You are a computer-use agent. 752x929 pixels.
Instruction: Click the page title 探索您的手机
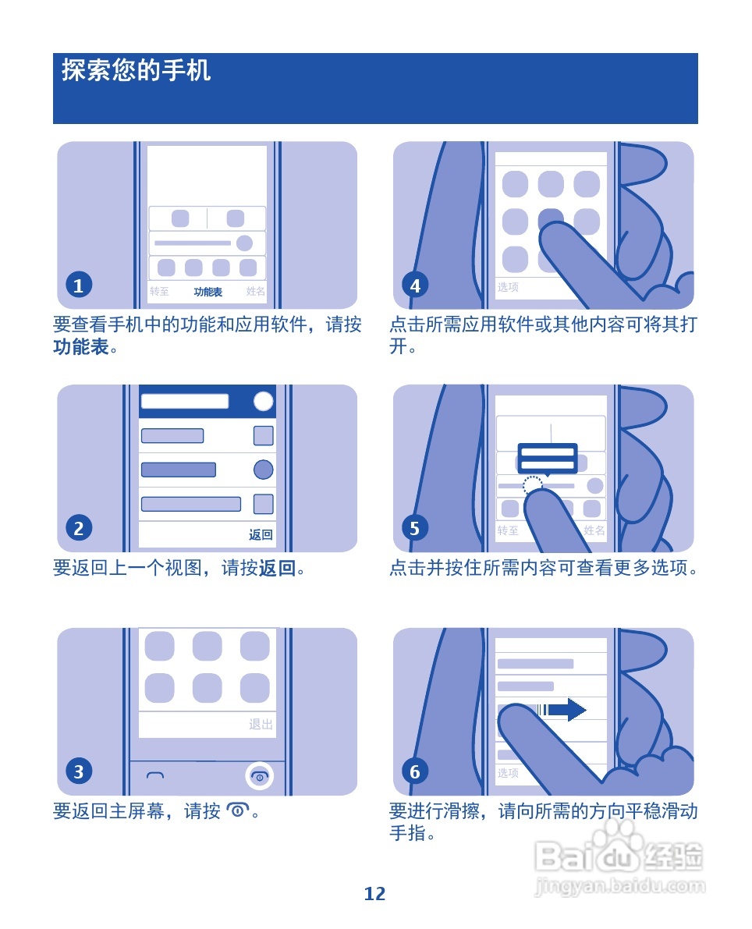[x=137, y=71]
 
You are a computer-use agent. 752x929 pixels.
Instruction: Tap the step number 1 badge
[x=78, y=285]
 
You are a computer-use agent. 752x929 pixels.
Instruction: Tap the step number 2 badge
[x=78, y=529]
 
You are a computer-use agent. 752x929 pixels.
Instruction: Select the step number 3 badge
[x=78, y=772]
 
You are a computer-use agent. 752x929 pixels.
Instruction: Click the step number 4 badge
[x=415, y=285]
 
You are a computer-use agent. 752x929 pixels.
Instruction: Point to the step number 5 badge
[x=415, y=529]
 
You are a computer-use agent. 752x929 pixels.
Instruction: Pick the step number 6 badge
[x=415, y=772]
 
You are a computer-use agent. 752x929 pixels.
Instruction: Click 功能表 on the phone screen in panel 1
[x=208, y=292]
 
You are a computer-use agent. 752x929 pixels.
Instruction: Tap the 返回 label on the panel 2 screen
[x=261, y=535]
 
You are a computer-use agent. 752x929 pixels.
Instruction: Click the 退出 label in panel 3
[x=261, y=725]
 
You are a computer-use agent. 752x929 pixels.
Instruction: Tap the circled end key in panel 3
[x=260, y=775]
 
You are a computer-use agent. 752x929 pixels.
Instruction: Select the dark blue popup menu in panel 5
[x=547, y=458]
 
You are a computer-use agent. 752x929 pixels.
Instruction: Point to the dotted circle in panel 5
[x=532, y=486]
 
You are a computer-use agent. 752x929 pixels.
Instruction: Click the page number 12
[x=375, y=894]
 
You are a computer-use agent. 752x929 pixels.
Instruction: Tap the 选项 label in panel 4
[x=508, y=287]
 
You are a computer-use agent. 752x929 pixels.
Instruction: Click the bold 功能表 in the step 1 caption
[x=80, y=347]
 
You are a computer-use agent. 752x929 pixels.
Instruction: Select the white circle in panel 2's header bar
[x=264, y=401]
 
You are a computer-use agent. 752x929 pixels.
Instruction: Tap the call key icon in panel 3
[x=155, y=775]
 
